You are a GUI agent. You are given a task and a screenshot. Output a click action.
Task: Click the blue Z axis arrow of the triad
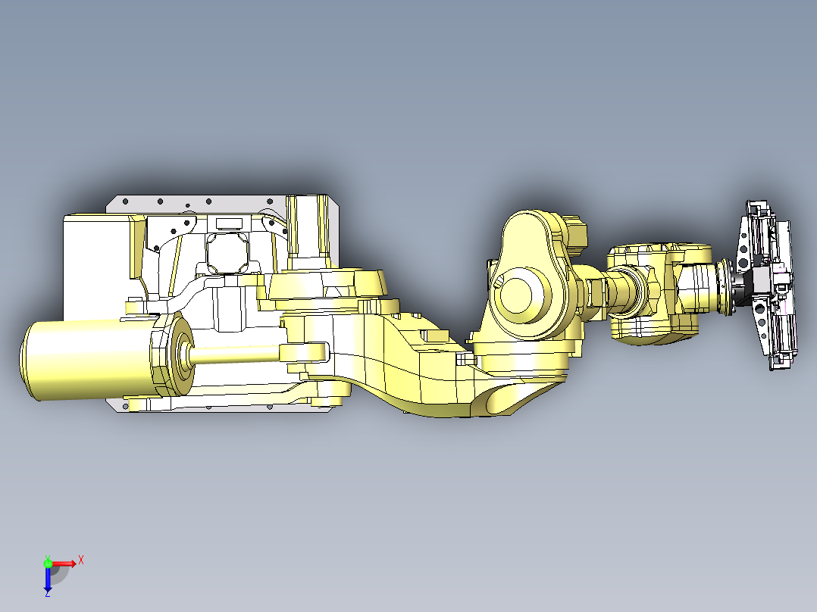click(x=48, y=582)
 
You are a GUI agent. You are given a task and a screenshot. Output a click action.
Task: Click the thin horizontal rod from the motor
click(x=235, y=352)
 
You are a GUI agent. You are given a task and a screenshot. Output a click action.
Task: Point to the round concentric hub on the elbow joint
click(x=522, y=296)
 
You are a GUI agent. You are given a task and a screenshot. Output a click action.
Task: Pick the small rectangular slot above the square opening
click(x=227, y=223)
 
